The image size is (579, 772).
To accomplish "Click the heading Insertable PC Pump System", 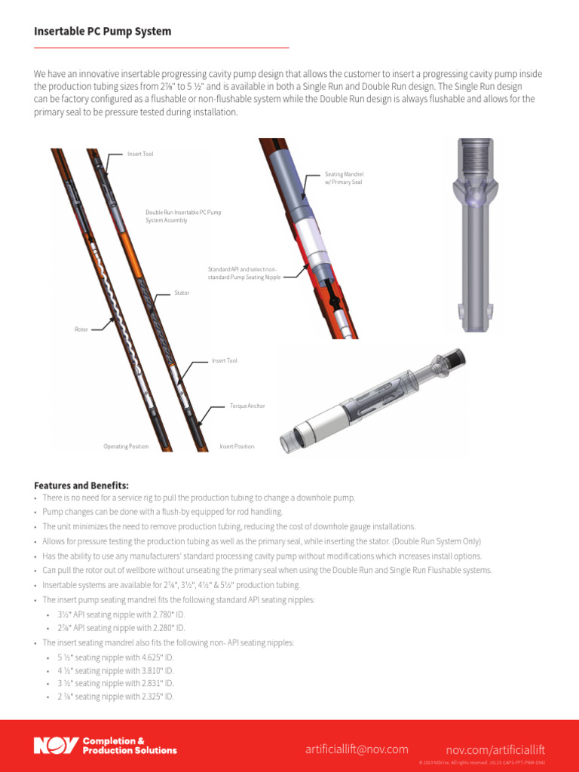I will click(x=103, y=32).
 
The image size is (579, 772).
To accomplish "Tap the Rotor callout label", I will click(x=81, y=329).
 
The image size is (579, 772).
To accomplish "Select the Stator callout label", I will click(x=182, y=292).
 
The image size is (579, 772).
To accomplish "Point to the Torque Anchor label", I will click(x=247, y=406).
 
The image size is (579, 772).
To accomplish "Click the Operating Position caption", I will click(x=126, y=446).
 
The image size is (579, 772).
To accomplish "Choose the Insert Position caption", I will click(x=237, y=446).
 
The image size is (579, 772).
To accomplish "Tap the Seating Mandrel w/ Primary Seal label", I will click(x=344, y=178).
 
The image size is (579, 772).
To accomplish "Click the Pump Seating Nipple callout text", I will click(x=244, y=273).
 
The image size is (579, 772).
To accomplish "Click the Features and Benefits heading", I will click(x=81, y=485).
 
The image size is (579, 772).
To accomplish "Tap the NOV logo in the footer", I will click(x=56, y=746).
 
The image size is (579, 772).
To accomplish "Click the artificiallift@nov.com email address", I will click(x=357, y=749).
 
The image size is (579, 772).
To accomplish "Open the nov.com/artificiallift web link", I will click(x=495, y=749).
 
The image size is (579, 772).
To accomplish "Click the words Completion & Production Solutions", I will click(x=130, y=746).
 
